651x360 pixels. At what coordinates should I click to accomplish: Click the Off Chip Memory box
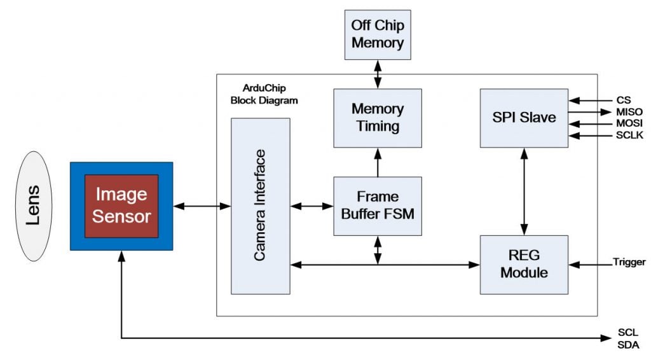(x=378, y=35)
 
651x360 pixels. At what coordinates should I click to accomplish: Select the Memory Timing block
(x=378, y=118)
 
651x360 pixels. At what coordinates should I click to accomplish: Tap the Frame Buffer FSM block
(x=378, y=206)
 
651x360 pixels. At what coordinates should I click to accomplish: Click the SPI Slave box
(x=524, y=118)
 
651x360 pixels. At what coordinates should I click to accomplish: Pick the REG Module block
(x=524, y=265)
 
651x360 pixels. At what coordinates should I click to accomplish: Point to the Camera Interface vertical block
(x=260, y=206)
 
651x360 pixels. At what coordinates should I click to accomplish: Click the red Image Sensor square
(x=121, y=206)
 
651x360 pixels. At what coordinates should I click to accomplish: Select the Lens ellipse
(x=34, y=206)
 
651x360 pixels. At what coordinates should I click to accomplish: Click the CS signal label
(x=624, y=100)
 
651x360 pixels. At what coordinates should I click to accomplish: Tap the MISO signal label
(x=629, y=112)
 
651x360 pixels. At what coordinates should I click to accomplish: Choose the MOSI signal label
(x=629, y=123)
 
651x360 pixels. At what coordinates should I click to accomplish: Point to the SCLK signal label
(x=629, y=135)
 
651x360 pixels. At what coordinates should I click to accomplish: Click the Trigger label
(x=629, y=262)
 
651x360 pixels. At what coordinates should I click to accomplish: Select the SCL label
(x=627, y=332)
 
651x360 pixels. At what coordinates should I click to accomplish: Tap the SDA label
(x=627, y=345)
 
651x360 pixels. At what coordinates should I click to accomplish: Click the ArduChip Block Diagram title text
(x=264, y=94)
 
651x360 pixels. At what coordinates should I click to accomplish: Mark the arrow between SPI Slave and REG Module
(x=524, y=191)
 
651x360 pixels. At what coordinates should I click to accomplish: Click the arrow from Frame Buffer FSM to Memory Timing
(x=378, y=162)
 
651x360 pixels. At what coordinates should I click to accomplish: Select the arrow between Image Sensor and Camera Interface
(x=202, y=206)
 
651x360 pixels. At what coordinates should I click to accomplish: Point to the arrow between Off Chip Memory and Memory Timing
(x=378, y=74)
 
